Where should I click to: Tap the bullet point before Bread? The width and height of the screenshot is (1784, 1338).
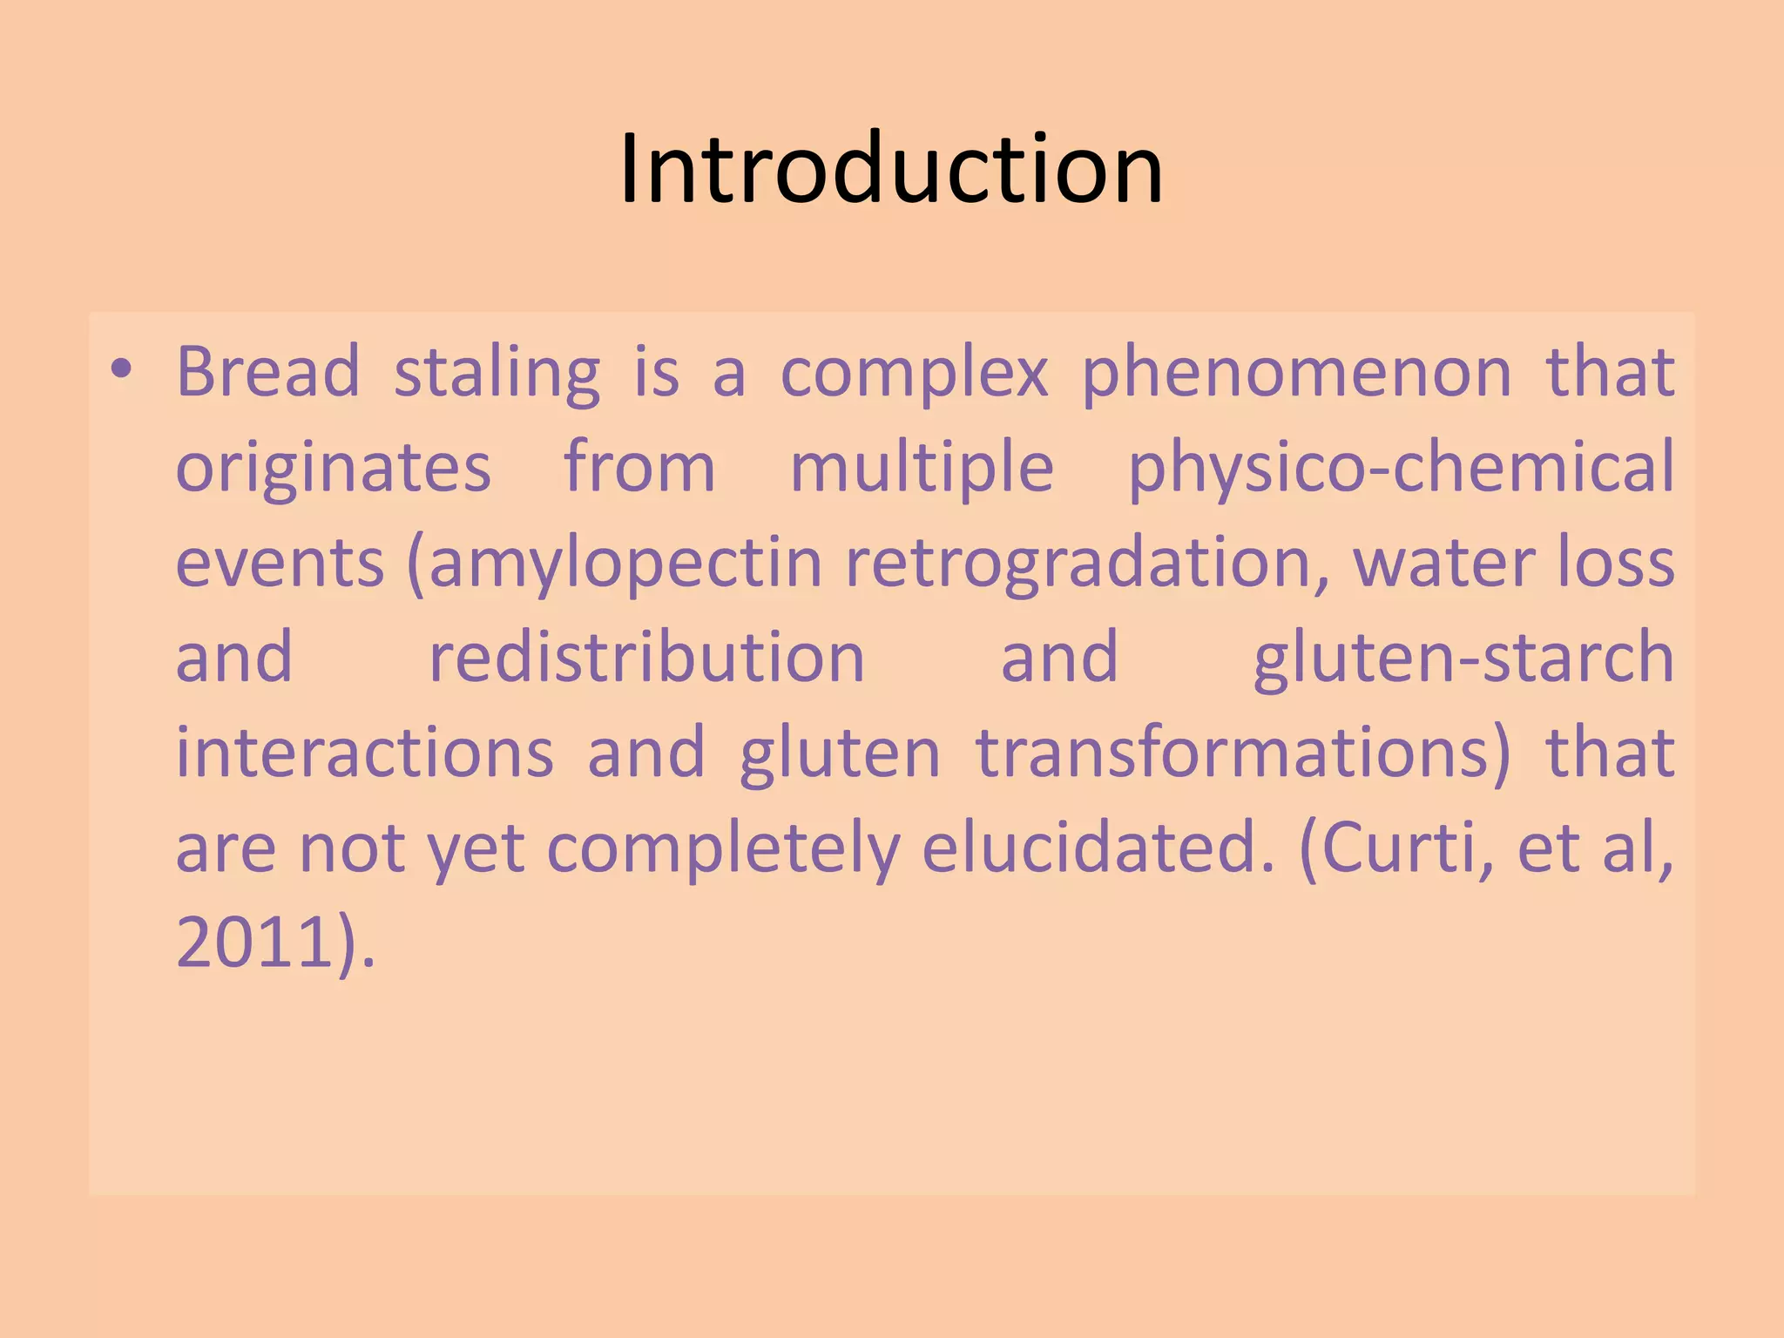point(121,370)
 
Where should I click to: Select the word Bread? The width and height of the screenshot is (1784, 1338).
point(268,372)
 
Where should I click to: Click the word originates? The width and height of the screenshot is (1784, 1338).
point(334,469)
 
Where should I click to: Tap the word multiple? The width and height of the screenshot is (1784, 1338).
point(922,469)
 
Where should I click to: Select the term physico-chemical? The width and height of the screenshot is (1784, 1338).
point(1401,469)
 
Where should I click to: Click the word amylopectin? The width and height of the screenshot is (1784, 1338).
point(625,564)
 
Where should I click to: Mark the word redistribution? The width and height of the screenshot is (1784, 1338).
point(646,658)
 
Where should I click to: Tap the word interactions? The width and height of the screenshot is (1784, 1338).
point(365,753)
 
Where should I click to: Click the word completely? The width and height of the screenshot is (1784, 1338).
point(723,849)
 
